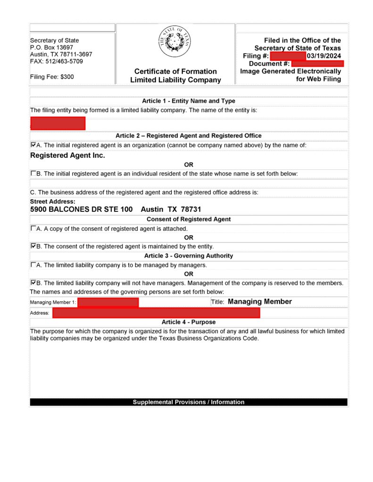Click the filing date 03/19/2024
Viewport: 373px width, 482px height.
tap(323, 56)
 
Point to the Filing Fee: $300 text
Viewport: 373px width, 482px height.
tap(52, 76)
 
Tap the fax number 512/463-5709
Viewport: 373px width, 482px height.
tap(63, 62)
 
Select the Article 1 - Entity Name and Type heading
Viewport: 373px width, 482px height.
tap(189, 101)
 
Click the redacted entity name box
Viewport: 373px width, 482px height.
tap(58, 123)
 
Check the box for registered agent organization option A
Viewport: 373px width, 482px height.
tap(33, 145)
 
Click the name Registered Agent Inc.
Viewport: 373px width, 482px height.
tap(67, 155)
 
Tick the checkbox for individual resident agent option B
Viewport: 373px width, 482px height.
tap(33, 173)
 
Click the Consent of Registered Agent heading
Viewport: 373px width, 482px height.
tap(189, 219)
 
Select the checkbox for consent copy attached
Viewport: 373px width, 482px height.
tap(33, 228)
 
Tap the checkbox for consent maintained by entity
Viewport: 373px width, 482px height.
tap(33, 246)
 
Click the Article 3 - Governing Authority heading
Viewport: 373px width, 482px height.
tap(189, 256)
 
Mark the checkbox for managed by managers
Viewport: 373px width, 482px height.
tap(33, 265)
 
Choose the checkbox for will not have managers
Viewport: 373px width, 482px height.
tap(33, 283)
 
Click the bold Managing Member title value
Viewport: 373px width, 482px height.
tap(260, 302)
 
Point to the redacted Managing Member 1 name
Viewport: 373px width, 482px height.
tap(108, 302)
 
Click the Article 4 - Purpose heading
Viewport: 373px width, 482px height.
tap(189, 322)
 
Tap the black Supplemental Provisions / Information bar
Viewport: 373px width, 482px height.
tap(189, 402)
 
